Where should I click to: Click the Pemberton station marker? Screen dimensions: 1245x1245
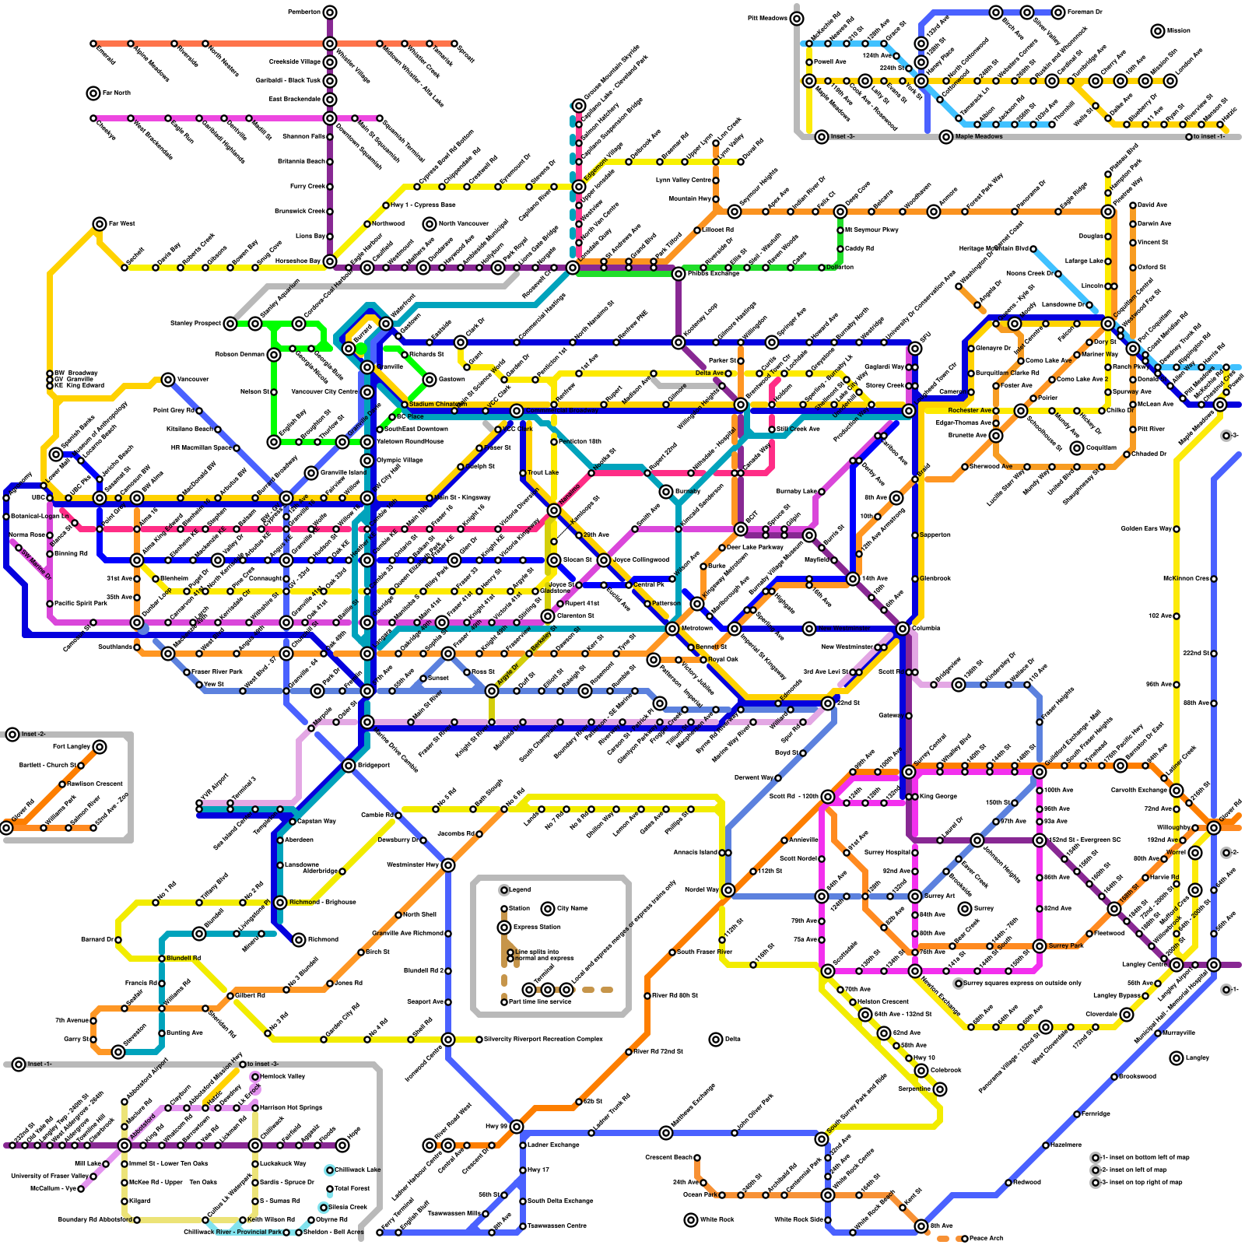click(330, 12)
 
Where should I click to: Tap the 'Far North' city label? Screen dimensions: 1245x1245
click(117, 93)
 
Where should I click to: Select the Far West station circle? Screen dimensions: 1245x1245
click(99, 224)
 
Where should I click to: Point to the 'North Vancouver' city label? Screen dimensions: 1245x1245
click(463, 224)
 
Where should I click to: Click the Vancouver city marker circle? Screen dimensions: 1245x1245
click(168, 380)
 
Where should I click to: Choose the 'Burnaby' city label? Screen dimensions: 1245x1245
click(688, 492)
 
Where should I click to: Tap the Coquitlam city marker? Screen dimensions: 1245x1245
click(1077, 448)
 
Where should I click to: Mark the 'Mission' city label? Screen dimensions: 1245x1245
click(1178, 31)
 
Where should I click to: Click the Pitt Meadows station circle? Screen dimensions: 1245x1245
click(797, 19)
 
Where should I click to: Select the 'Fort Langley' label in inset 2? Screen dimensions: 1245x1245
click(72, 747)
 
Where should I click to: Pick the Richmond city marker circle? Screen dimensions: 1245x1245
click(299, 940)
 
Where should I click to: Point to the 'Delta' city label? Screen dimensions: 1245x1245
click(732, 1040)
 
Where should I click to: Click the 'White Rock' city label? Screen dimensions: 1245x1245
click(717, 1220)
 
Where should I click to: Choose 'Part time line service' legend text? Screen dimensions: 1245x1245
click(539, 1002)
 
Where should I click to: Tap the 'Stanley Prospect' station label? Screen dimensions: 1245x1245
click(196, 324)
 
